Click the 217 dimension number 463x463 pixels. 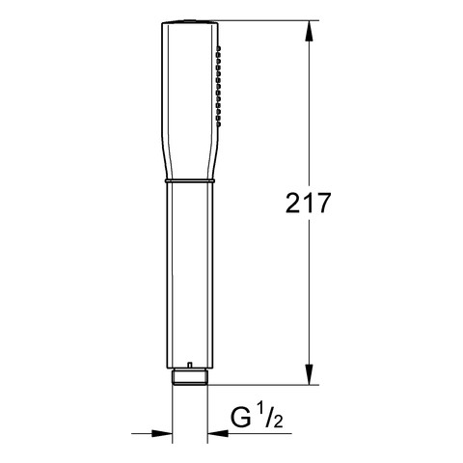(308, 203)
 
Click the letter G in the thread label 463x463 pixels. (241, 418)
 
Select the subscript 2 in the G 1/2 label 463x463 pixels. (278, 422)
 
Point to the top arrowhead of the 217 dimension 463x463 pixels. (309, 31)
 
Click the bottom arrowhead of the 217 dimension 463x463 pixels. (309, 374)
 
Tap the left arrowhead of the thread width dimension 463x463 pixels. (162, 433)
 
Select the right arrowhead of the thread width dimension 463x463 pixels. (218, 433)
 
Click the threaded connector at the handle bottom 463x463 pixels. (190, 376)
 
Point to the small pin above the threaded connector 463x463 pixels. (190, 366)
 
